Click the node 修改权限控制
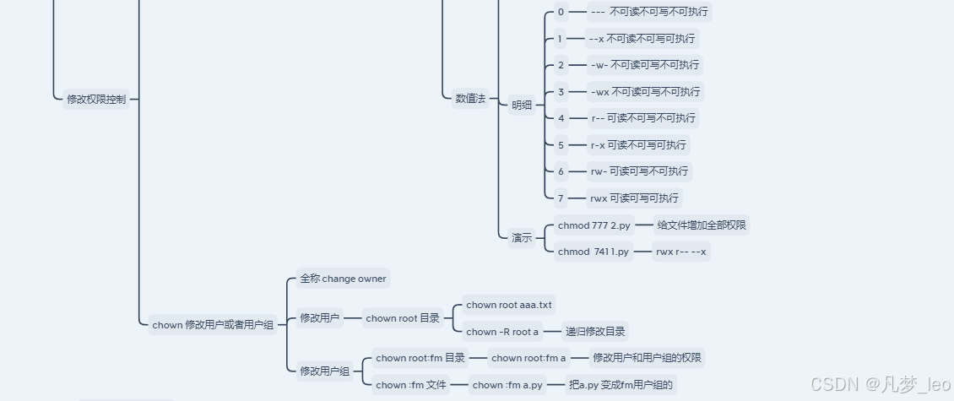click(x=96, y=99)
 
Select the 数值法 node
click(x=470, y=99)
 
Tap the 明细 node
click(x=522, y=105)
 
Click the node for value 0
click(x=560, y=12)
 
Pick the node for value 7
click(x=560, y=198)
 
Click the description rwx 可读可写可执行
click(x=634, y=198)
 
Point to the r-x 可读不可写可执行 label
click(x=639, y=144)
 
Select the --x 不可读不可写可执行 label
click(x=642, y=39)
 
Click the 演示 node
click(x=522, y=238)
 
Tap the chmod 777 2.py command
click(x=594, y=225)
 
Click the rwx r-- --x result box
click(x=681, y=252)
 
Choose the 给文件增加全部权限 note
click(x=702, y=225)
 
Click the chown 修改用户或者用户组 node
click(x=213, y=324)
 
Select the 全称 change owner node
click(x=343, y=278)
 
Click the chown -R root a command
click(x=501, y=332)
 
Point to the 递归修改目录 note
click(x=596, y=332)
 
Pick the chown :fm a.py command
click(x=507, y=385)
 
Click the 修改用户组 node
click(x=324, y=371)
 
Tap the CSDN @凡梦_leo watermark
click(x=880, y=385)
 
